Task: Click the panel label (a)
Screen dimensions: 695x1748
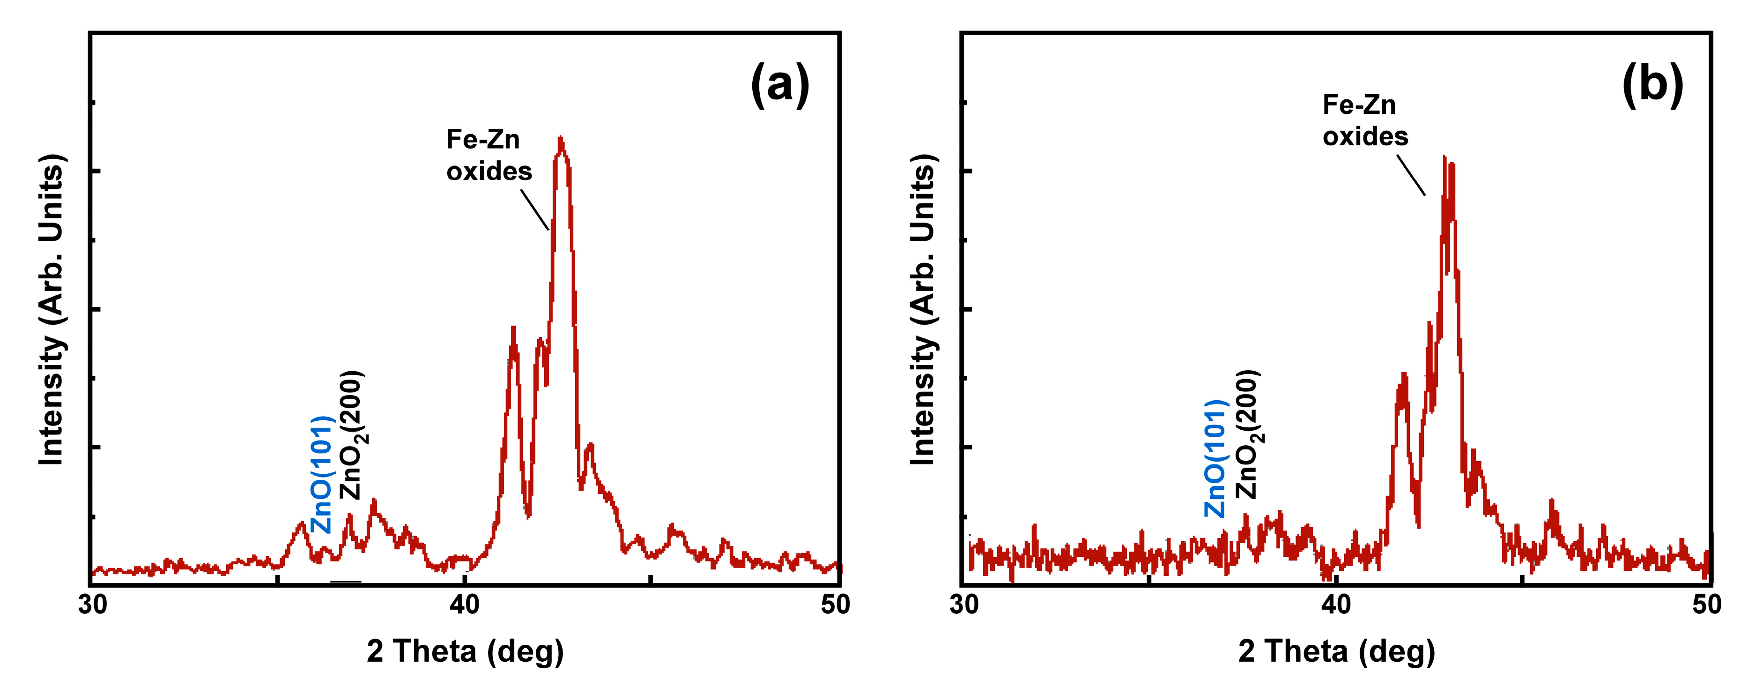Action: [780, 84]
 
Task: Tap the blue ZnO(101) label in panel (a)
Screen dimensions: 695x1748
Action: [321, 475]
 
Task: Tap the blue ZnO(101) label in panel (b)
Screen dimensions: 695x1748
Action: [1215, 459]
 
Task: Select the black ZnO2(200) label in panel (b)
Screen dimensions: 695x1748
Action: [1247, 435]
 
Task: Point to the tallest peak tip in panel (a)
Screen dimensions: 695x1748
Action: [560, 138]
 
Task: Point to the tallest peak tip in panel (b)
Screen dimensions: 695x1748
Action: [1444, 157]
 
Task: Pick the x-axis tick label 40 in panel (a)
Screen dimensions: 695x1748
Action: [464, 605]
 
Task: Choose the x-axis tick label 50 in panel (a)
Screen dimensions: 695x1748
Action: [835, 605]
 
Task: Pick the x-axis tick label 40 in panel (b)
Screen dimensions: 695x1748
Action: [1335, 605]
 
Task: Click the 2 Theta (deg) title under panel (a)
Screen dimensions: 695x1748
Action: [465, 651]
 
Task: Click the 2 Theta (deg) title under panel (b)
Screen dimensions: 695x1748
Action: [1336, 651]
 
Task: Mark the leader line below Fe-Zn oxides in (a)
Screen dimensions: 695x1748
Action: [535, 209]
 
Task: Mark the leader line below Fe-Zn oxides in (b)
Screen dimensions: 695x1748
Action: [1411, 175]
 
